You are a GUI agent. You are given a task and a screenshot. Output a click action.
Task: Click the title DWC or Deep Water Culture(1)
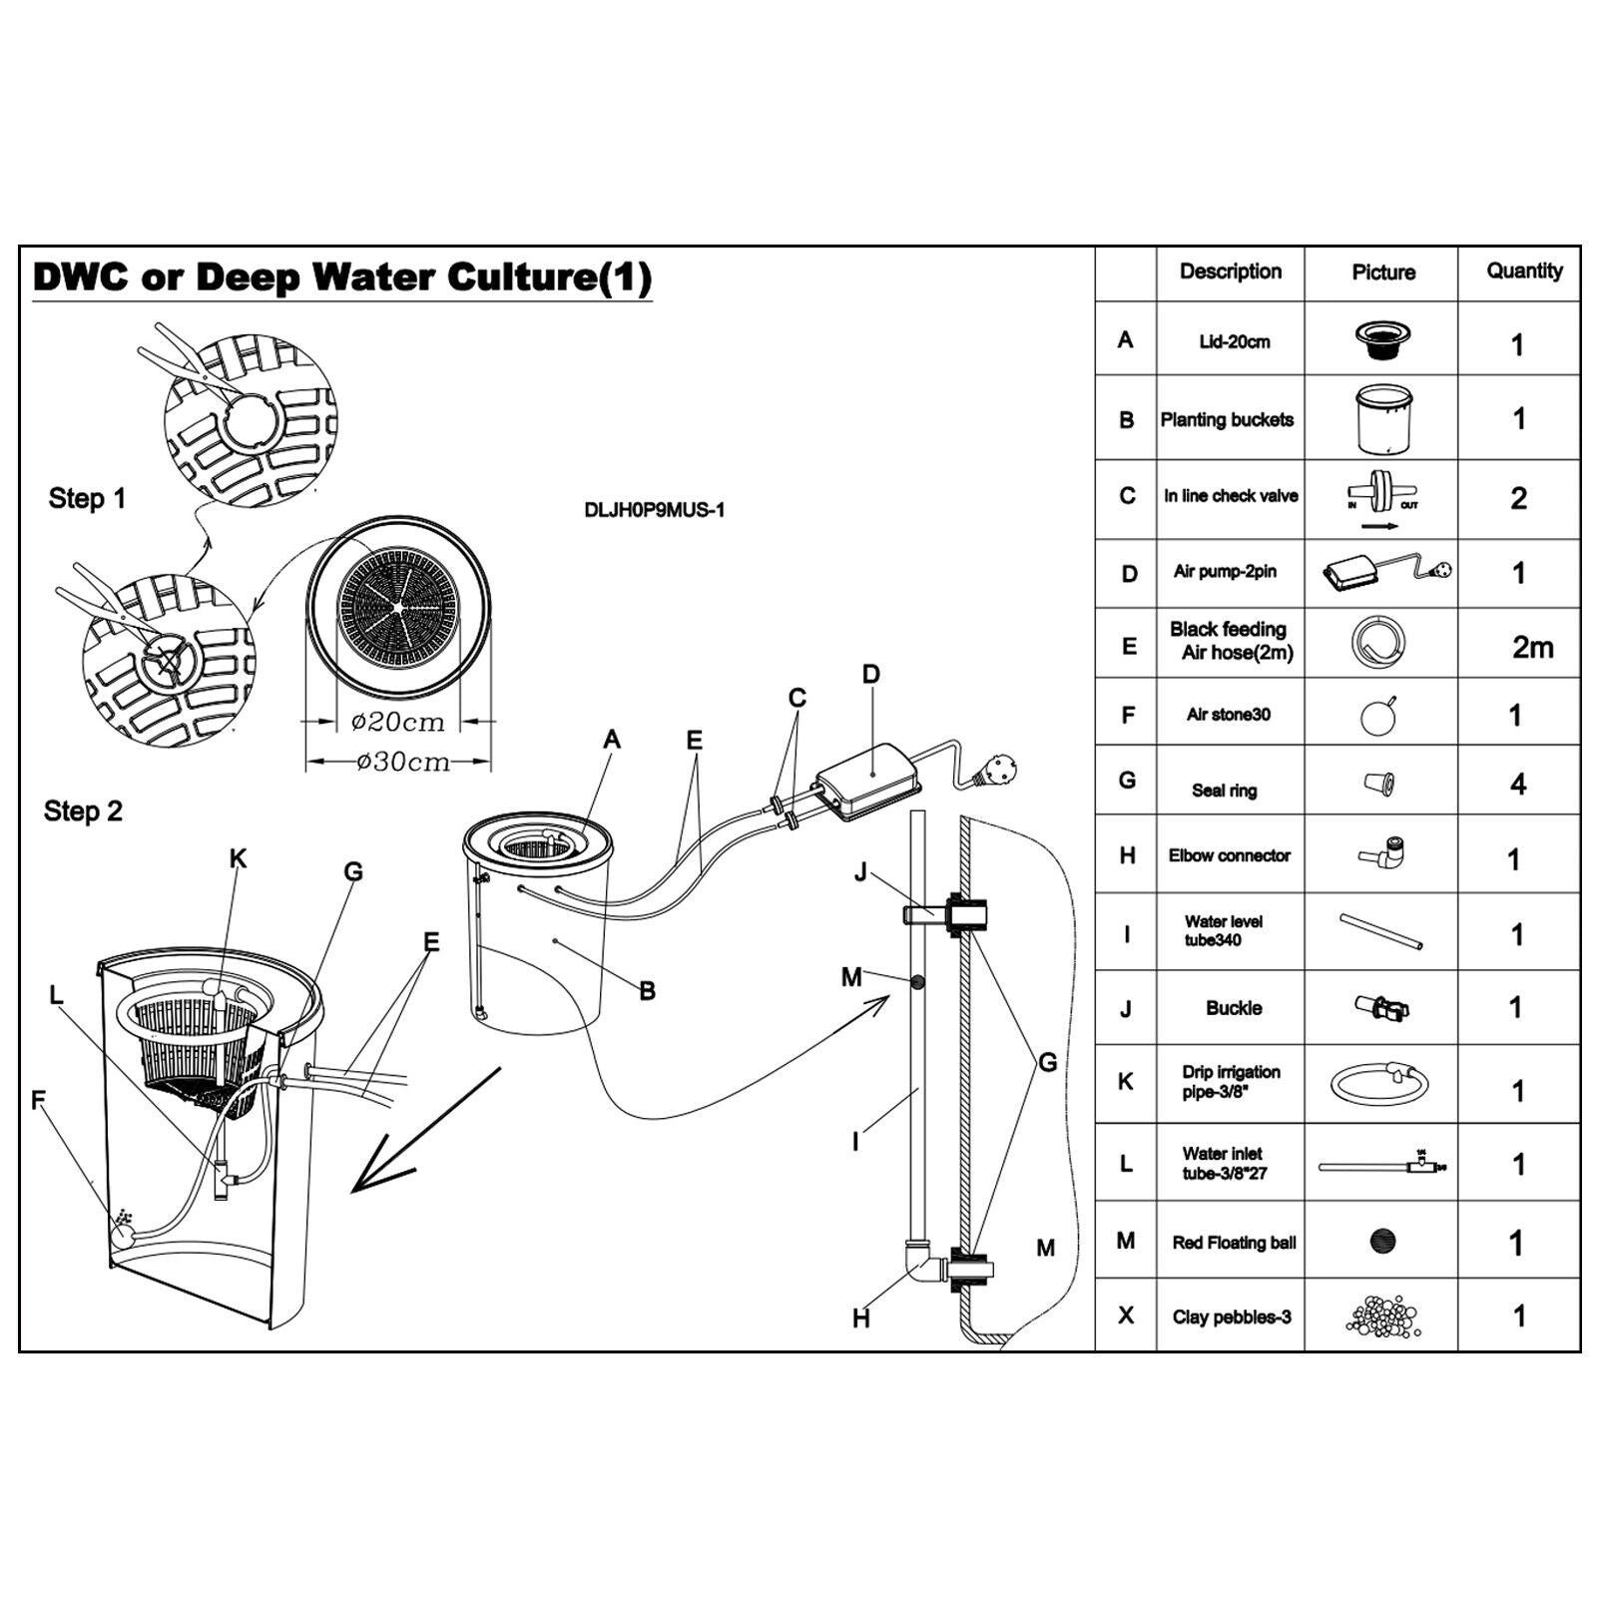click(x=342, y=277)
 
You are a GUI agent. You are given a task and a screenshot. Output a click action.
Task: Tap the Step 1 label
click(x=87, y=498)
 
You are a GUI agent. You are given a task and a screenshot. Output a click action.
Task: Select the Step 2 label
click(x=83, y=810)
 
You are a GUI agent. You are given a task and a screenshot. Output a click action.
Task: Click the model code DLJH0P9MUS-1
click(x=654, y=510)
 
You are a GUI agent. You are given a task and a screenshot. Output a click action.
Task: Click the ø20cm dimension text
click(x=397, y=721)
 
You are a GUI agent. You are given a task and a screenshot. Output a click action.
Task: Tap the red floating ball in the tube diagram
click(x=916, y=982)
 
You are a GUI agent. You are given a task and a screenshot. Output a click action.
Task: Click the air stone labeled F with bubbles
click(x=123, y=1235)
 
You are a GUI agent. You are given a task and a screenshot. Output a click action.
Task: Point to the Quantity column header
click(x=1523, y=271)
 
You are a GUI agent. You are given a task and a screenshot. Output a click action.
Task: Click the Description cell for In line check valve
click(x=1230, y=496)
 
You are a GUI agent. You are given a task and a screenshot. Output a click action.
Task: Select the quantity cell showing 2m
click(x=1531, y=647)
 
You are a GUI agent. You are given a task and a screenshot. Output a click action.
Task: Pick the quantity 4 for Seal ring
click(x=1517, y=784)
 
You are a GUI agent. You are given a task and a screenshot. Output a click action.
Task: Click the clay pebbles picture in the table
click(x=1382, y=1316)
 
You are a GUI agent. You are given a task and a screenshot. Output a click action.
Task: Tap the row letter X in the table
click(x=1125, y=1316)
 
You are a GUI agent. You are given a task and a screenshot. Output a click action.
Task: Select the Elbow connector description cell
click(x=1230, y=855)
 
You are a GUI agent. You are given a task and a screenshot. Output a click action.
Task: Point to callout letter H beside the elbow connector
click(x=860, y=1319)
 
